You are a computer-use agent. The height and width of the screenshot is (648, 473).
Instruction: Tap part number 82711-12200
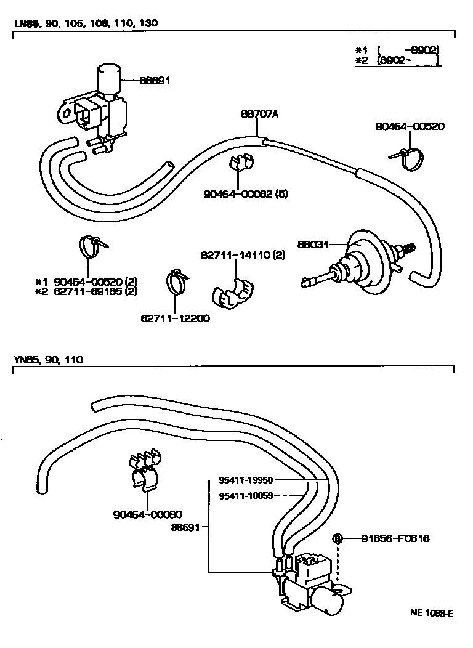[x=175, y=318]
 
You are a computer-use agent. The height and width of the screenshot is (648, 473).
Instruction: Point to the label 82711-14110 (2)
[x=243, y=255]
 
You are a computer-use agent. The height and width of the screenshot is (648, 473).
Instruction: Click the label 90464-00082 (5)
[x=246, y=194]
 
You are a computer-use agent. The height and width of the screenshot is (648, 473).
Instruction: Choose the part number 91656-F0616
[x=394, y=538]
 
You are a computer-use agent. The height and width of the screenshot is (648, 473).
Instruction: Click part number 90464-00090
[x=148, y=514]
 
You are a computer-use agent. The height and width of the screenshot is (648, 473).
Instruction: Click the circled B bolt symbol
[x=338, y=538]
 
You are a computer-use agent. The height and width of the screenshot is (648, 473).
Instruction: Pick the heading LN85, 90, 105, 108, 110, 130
[x=86, y=23]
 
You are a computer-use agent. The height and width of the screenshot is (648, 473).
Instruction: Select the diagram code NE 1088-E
[x=432, y=613]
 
